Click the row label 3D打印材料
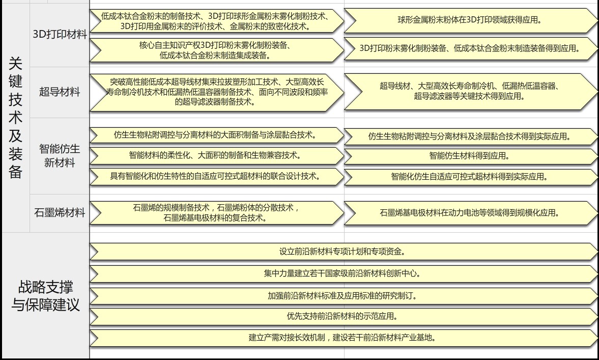pyautogui.click(x=60, y=35)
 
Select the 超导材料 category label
pyautogui.click(x=60, y=92)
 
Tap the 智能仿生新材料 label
pyautogui.click(x=60, y=155)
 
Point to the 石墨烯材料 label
pyautogui.click(x=60, y=212)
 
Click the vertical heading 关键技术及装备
pyautogui.click(x=15, y=118)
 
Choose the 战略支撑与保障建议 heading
pyautogui.click(x=45, y=296)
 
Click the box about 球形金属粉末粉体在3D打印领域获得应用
pyautogui.click(x=471, y=20)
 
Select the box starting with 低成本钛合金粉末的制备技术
pyautogui.click(x=217, y=21)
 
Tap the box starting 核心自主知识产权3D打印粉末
pyautogui.click(x=217, y=50)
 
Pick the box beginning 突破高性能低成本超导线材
pyautogui.click(x=217, y=92)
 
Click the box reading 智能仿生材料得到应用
pyautogui.click(x=471, y=156)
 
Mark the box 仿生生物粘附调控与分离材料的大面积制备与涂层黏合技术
pyautogui.click(x=217, y=135)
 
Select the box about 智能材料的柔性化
pyautogui.click(x=217, y=155)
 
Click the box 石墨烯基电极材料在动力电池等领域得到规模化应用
pyautogui.click(x=471, y=213)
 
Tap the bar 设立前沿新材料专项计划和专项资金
pyautogui.click(x=344, y=252)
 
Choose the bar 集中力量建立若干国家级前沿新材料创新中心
pyautogui.click(x=344, y=273)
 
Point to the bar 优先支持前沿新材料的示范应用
pyautogui.click(x=344, y=316)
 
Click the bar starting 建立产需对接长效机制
pyautogui.click(x=344, y=338)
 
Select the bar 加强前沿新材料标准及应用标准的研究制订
pyautogui.click(x=344, y=296)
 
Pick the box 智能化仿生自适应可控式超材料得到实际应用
pyautogui.click(x=471, y=177)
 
